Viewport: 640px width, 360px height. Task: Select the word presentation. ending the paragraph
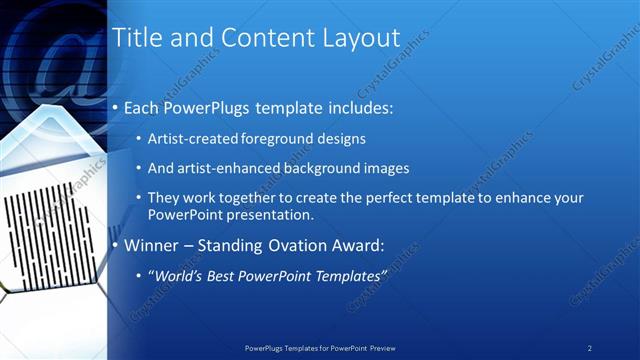(x=271, y=215)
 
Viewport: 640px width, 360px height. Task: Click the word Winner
(x=149, y=245)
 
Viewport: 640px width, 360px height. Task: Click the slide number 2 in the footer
(x=590, y=348)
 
